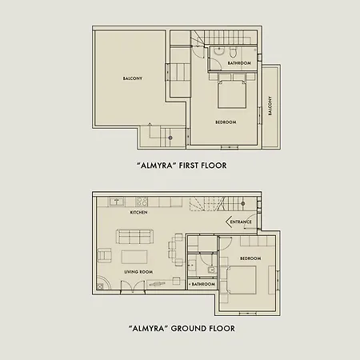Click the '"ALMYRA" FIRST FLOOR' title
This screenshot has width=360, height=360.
[182, 166]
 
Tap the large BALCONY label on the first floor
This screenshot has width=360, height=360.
[133, 78]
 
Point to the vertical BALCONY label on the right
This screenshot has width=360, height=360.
[270, 106]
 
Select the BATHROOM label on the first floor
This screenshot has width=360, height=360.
[239, 63]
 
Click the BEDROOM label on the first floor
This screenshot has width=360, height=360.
[226, 122]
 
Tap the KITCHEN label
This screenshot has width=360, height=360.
[140, 213]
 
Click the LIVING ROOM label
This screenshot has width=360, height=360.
[139, 272]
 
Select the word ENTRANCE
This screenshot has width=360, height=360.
[241, 222]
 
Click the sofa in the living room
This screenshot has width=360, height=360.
[136, 237]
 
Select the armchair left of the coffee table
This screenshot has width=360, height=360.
[104, 256]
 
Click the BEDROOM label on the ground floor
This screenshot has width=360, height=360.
[250, 259]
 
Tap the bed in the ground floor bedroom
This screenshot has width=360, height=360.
[241, 281]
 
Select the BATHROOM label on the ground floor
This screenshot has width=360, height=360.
[202, 284]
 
